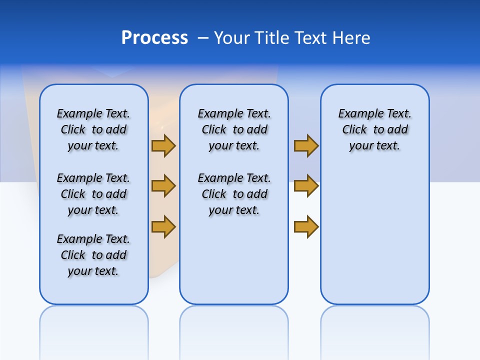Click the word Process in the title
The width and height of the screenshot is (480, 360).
(154, 38)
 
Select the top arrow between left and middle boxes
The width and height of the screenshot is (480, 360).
(163, 145)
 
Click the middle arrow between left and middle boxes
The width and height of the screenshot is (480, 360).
(163, 186)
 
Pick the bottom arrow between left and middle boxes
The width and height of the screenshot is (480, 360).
(163, 226)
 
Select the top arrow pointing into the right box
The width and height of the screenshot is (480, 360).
(306, 145)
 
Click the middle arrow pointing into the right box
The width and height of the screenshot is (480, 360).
(306, 186)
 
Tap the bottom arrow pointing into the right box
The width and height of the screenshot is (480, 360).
(306, 226)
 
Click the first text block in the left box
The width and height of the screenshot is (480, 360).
(93, 129)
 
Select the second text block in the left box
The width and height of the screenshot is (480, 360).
(93, 194)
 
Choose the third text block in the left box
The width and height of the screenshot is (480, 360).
(93, 255)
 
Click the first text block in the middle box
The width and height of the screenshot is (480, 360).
(234, 129)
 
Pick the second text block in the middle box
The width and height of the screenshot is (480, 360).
(234, 194)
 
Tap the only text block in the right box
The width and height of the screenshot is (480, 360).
(375, 129)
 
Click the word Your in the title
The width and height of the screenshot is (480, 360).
(232, 38)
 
